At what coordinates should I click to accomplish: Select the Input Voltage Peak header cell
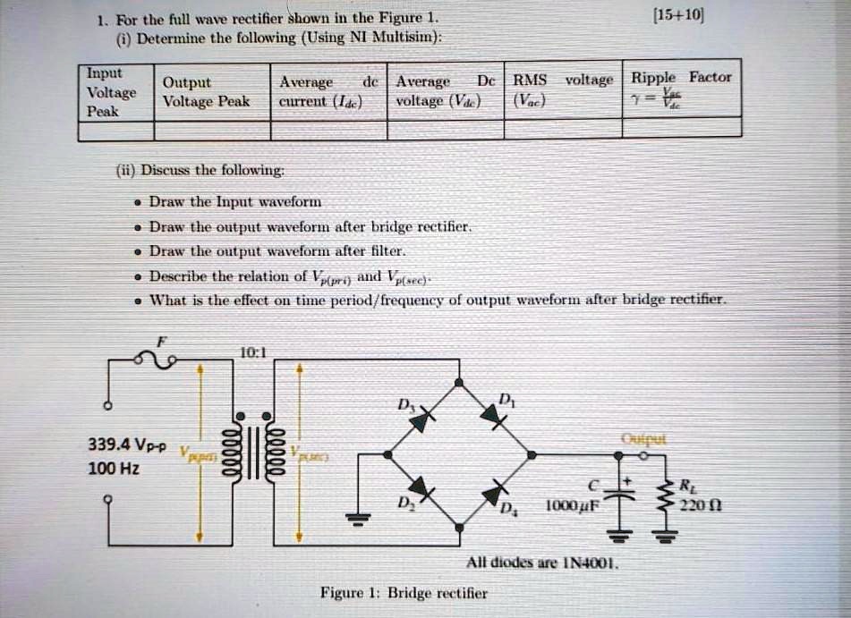[112, 92]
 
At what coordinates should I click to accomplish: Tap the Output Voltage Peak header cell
[206, 92]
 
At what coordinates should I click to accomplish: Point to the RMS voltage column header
[563, 89]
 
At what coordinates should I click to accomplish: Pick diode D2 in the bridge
[425, 493]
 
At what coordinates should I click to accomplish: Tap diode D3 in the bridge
[424, 417]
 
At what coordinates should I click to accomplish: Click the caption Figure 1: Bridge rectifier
[404, 592]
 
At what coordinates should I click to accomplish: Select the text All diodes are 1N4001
[542, 563]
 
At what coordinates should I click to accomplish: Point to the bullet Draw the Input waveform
[234, 202]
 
